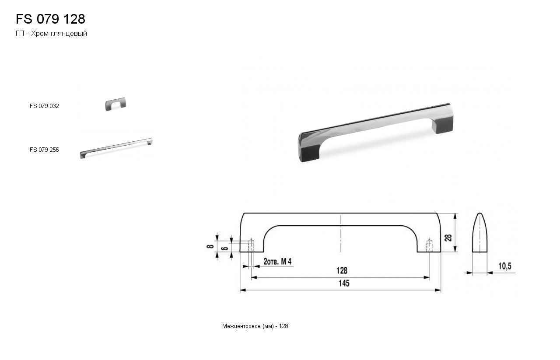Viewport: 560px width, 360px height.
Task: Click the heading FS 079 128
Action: (x=50, y=19)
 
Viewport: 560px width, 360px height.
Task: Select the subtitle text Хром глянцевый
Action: (x=59, y=34)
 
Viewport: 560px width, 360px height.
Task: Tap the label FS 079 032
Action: (x=44, y=106)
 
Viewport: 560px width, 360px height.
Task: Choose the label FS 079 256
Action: (x=44, y=150)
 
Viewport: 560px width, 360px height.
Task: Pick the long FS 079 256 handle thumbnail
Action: (x=116, y=148)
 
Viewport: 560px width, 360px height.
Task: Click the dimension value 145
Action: (x=344, y=283)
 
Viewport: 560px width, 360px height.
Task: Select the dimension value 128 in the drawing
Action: (x=342, y=270)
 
